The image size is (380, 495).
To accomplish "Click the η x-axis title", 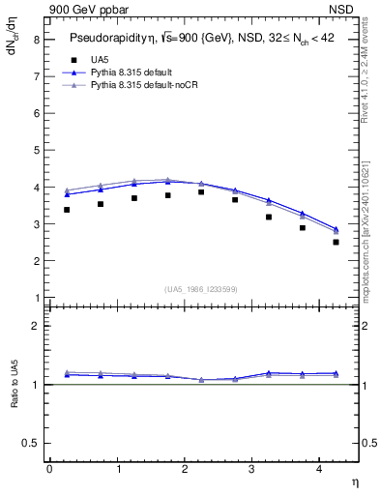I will pyautogui.click(x=354, y=480).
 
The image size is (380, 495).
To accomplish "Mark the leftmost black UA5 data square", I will pyautogui.click(x=67, y=210).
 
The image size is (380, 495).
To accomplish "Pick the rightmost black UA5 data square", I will pyautogui.click(x=336, y=242).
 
